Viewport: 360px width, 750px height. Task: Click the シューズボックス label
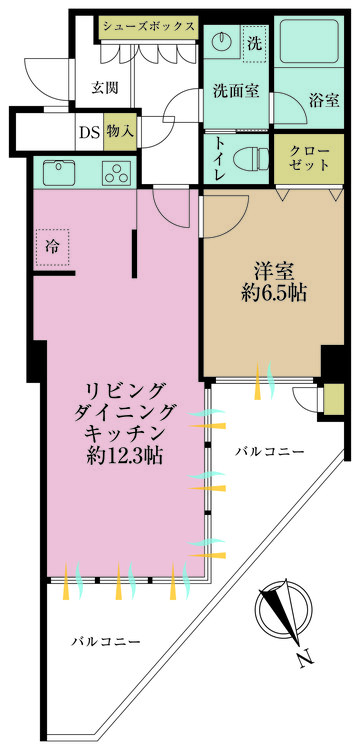coord(148,27)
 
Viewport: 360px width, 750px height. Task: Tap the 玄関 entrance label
coord(105,87)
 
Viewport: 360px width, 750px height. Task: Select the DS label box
coord(87,129)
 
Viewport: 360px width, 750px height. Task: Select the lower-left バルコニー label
coord(105,641)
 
